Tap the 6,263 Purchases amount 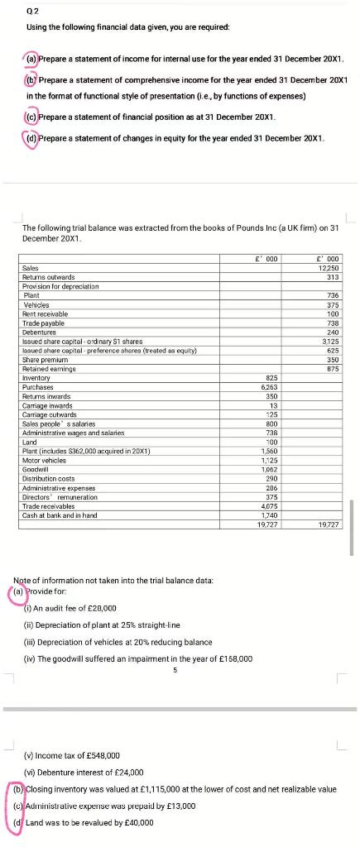point(269,386)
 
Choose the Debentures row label point(39,332)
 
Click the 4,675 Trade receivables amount point(269,505)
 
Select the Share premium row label point(41,361)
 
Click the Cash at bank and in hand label point(59,514)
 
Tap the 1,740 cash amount point(269,514)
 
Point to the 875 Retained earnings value point(334,369)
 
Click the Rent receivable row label point(45,313)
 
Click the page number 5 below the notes point(175,670)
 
